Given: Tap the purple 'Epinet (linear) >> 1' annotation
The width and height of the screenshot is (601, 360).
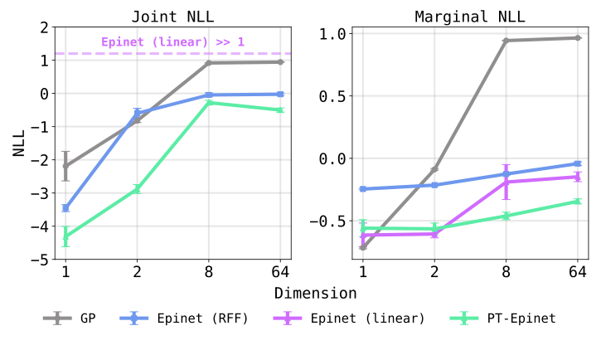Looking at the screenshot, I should tap(172, 41).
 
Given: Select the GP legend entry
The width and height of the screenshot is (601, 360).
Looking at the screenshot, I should tap(70, 319).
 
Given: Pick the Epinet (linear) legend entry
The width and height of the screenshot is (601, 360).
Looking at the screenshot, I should tap(349, 319).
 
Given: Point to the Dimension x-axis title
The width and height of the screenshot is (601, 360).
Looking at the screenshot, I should tap(315, 293).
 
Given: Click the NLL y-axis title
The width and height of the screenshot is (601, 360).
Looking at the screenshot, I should tap(18, 144).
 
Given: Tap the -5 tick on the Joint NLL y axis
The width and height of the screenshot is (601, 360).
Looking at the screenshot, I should tap(41, 260).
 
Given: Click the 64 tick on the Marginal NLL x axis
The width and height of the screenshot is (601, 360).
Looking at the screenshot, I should tap(578, 272).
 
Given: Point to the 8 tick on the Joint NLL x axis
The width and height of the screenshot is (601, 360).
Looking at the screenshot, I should tap(208, 272).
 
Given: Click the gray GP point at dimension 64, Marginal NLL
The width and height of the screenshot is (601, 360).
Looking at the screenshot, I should tap(578, 37).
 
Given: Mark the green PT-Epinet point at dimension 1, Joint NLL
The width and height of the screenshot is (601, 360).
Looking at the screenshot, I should tap(65, 236).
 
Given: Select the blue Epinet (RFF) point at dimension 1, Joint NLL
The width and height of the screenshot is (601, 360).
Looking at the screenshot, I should tap(65, 208).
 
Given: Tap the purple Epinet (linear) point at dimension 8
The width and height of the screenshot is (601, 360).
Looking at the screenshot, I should tap(506, 181).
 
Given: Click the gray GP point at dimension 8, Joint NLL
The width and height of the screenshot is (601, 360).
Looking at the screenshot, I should tap(208, 63).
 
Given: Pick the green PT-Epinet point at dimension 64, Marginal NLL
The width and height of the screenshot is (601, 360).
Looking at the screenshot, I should tap(578, 202).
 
